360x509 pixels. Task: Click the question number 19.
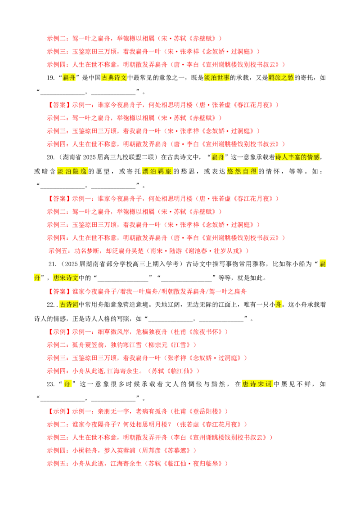[x=51, y=78]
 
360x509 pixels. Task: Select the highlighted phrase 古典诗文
[x=114, y=78]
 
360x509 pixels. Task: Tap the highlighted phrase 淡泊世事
[x=217, y=78]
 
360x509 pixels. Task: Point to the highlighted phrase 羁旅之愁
[x=281, y=78]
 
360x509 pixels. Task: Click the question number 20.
[x=51, y=157]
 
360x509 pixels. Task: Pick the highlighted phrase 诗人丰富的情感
[x=297, y=157]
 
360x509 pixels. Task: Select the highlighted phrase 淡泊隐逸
[x=72, y=171]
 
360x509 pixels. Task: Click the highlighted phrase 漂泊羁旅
[x=157, y=171]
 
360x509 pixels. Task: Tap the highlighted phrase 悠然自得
[x=242, y=171]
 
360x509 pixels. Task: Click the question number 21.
[x=52, y=264]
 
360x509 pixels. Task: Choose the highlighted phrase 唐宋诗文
[x=66, y=278]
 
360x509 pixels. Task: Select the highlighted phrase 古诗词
[x=69, y=304]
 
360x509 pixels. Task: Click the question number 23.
[x=51, y=384]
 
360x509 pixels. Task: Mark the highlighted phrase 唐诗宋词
[x=257, y=384]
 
